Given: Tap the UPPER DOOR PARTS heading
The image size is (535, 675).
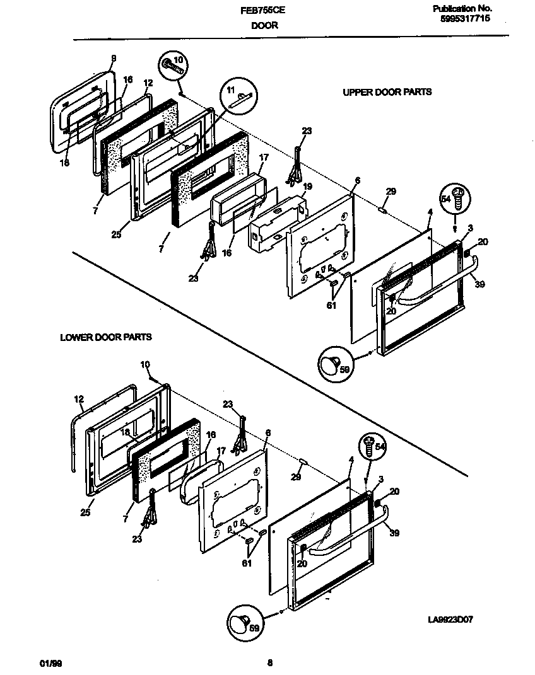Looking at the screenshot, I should click(387, 92).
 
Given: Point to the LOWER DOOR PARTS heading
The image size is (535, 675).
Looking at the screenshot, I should click(105, 337).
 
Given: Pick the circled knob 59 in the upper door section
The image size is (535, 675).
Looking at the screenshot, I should click(335, 364).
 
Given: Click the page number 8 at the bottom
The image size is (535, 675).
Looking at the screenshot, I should click(269, 662).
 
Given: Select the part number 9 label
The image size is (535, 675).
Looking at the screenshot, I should click(114, 59).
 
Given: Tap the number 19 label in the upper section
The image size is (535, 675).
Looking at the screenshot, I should click(307, 187).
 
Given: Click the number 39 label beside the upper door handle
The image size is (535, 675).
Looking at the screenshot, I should click(479, 285).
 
